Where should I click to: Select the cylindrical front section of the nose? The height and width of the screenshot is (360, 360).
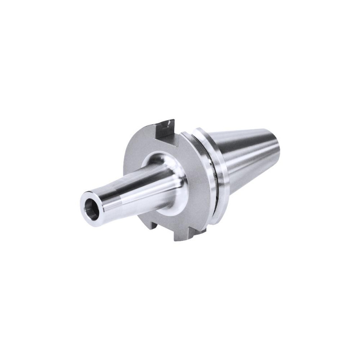(112, 198)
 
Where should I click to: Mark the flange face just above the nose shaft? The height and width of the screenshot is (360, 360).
(148, 144)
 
